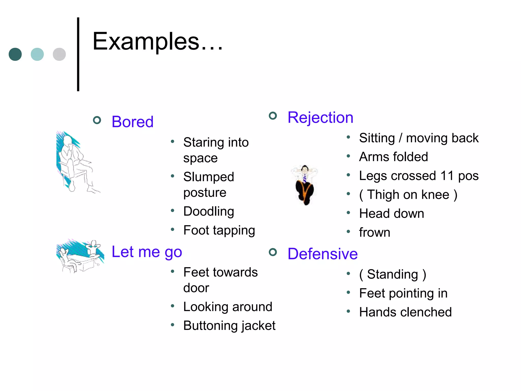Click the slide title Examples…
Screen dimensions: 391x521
pyautogui.click(x=157, y=41)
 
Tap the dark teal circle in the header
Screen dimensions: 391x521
pyautogui.click(x=15, y=54)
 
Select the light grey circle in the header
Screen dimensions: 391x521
pyautogui.click(x=59, y=54)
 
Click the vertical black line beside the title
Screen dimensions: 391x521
pyautogui.click(x=78, y=54)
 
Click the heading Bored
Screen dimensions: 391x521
pyautogui.click(x=133, y=122)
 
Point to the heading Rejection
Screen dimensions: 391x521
pyautogui.click(x=320, y=117)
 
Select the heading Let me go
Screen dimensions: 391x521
pyautogui.click(x=147, y=252)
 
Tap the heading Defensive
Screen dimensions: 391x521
pyautogui.click(x=323, y=254)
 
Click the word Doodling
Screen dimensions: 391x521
pyautogui.click(x=209, y=211)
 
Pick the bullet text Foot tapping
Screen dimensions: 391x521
pyautogui.click(x=219, y=230)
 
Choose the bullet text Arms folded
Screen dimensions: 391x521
pyautogui.click(x=393, y=157)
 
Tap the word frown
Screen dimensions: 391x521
pyautogui.click(x=374, y=232)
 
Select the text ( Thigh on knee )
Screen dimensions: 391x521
pyautogui.click(x=408, y=195)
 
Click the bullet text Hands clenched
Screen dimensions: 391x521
pyautogui.click(x=405, y=312)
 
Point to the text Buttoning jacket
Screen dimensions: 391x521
pyautogui.click(x=229, y=326)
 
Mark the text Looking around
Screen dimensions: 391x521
pyautogui.click(x=228, y=306)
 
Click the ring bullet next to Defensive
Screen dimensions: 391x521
pyautogui.click(x=273, y=252)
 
